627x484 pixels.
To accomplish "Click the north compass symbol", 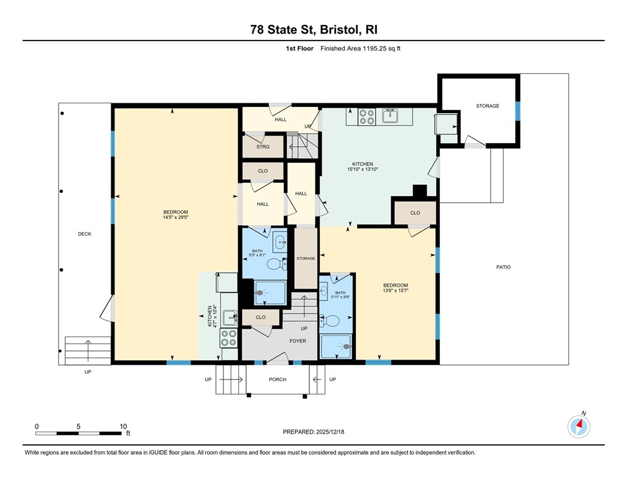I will (x=579, y=426).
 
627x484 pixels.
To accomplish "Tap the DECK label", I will (x=85, y=234).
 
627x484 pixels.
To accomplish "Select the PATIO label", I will (x=503, y=267).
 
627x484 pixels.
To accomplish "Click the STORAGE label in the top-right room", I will (x=487, y=106).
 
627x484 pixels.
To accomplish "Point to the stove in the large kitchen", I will (x=365, y=116).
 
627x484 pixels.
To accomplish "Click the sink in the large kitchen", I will (x=391, y=115).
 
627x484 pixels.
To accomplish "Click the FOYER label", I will (x=297, y=341).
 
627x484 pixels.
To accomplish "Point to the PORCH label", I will (x=277, y=379).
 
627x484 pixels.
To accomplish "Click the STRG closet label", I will (x=263, y=147).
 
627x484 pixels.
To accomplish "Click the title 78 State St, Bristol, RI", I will (x=313, y=29).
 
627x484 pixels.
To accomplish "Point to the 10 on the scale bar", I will (x=123, y=426).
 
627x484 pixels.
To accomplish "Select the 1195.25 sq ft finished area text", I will (x=378, y=48).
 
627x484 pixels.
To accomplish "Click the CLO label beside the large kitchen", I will (x=415, y=213).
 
